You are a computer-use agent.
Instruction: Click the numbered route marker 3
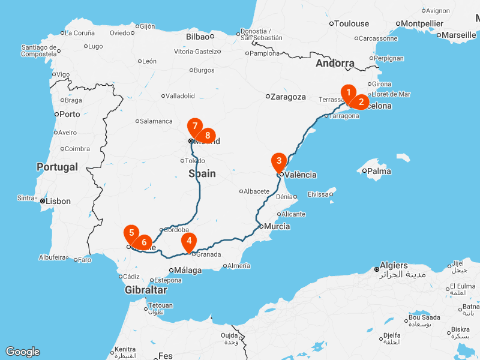pyautogui.click(x=279, y=161)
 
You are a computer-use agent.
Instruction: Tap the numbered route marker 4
pyautogui.click(x=190, y=241)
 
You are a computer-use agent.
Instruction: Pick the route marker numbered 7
pyautogui.click(x=194, y=127)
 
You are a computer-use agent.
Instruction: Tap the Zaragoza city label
pyautogui.click(x=288, y=97)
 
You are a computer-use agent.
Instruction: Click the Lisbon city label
pyautogui.click(x=59, y=202)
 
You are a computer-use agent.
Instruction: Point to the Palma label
pyautogui.click(x=379, y=172)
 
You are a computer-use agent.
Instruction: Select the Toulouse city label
pyautogui.click(x=352, y=24)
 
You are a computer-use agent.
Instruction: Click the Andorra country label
pyautogui.click(x=335, y=64)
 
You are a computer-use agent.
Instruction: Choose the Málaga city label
pyautogui.click(x=187, y=271)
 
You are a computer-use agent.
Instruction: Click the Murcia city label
pyautogui.click(x=277, y=227)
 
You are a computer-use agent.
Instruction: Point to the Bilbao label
pyautogui.click(x=197, y=37)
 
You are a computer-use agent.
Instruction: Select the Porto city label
pyautogui.click(x=70, y=114)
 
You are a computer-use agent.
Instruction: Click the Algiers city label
pyautogui.click(x=394, y=265)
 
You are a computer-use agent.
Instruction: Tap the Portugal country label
pyautogui.click(x=57, y=167)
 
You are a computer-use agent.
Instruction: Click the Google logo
pyautogui.click(x=22, y=352)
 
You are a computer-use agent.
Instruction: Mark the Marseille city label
pyautogui.click(x=459, y=35)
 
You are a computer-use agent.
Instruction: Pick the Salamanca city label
pyautogui.click(x=156, y=121)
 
